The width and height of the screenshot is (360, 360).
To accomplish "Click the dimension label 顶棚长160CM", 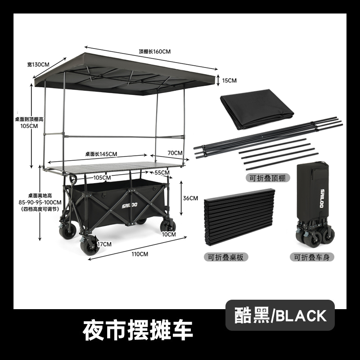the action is point(155,51).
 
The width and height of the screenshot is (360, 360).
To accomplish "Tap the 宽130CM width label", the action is point(38,64).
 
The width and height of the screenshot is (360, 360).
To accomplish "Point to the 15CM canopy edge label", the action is point(229,81).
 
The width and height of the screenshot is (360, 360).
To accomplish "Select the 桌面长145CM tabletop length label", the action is point(101,154).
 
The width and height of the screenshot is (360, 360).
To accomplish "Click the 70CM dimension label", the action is point(175,153).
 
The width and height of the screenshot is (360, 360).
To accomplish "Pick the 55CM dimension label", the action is point(162,172).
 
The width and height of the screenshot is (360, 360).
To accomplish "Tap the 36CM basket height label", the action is point(191,198).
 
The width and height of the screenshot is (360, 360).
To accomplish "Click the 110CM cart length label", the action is point(140,254).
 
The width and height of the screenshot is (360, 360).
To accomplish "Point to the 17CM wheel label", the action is point(104,244).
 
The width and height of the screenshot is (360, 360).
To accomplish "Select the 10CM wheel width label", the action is point(169,234).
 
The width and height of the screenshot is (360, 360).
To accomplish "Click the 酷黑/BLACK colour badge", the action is point(280,315).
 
